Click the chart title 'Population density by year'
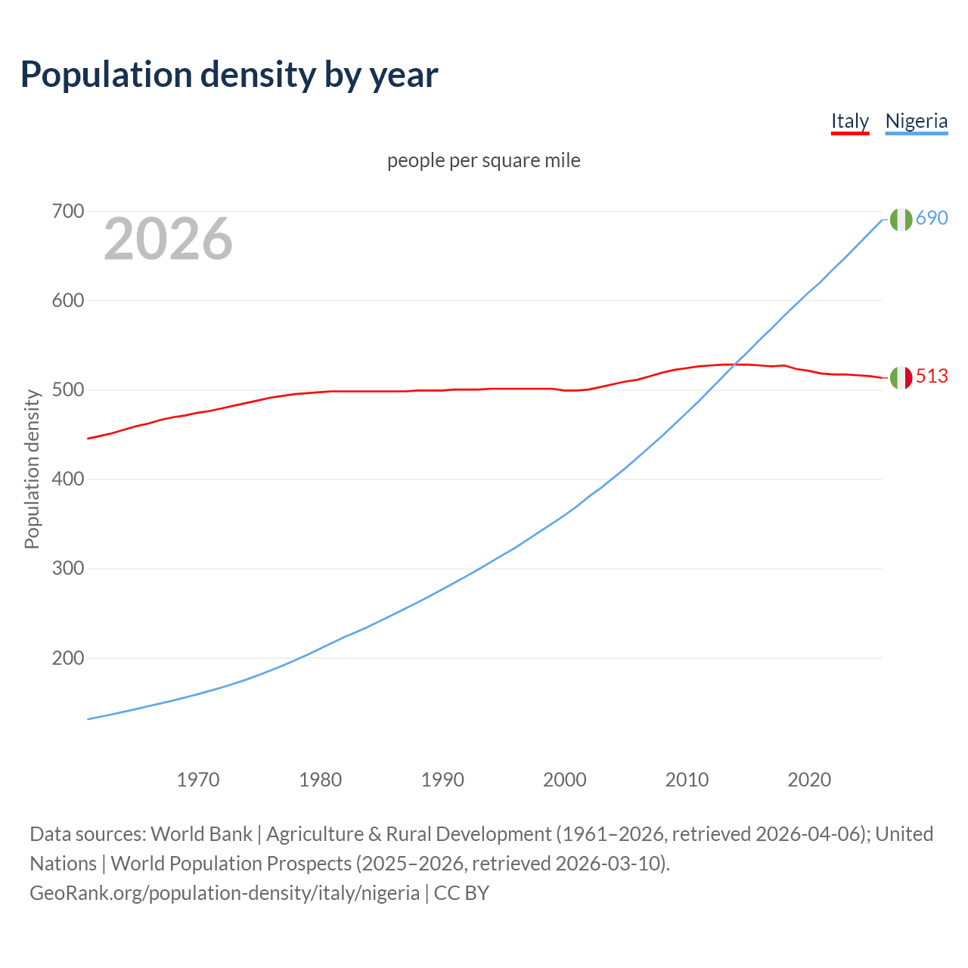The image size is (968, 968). click(x=228, y=75)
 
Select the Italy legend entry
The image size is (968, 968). click(x=849, y=121)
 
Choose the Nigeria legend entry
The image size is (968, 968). click(x=916, y=121)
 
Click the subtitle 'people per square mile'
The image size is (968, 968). click(x=483, y=160)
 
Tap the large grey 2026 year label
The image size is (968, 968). click(x=168, y=239)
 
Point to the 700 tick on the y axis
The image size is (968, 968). click(x=67, y=211)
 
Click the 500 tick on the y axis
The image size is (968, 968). click(x=67, y=390)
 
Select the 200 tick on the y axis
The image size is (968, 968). click(x=67, y=658)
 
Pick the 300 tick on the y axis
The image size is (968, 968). click(x=67, y=569)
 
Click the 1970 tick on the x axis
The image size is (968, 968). click(x=198, y=780)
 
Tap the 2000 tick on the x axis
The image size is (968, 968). click(x=565, y=780)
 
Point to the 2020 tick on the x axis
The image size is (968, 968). click(x=809, y=780)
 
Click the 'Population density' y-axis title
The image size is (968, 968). click(x=32, y=469)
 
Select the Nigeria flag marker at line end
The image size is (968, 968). click(x=900, y=219)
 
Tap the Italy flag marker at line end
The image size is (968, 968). click(x=900, y=377)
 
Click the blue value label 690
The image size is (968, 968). click(x=932, y=218)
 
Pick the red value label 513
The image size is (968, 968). click(x=932, y=376)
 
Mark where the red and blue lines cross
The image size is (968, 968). click(x=734, y=365)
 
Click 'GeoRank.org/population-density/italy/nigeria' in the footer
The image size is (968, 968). click(x=225, y=893)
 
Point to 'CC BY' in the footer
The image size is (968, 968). click(x=461, y=893)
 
